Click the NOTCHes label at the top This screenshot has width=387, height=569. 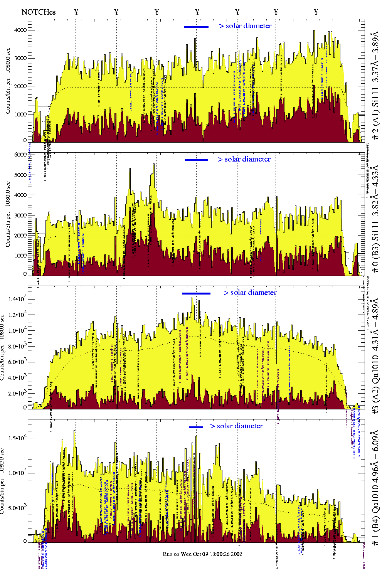coord(39,12)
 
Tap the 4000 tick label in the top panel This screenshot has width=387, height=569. coord(20,30)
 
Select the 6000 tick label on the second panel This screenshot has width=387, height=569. coord(20,155)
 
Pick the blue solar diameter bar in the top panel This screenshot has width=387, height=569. coord(196,27)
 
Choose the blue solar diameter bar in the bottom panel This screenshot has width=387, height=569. coord(196,427)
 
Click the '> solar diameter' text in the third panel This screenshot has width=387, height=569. coord(250,293)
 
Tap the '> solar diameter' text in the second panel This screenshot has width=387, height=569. coord(244,159)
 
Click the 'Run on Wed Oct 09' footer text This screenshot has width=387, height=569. coord(202,554)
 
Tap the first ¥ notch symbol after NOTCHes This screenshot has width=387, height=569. coord(76,12)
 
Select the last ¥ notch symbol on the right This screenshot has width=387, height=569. coord(316,12)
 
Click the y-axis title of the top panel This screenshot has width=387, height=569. coord(8,81)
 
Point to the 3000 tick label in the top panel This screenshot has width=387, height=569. coord(20,58)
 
